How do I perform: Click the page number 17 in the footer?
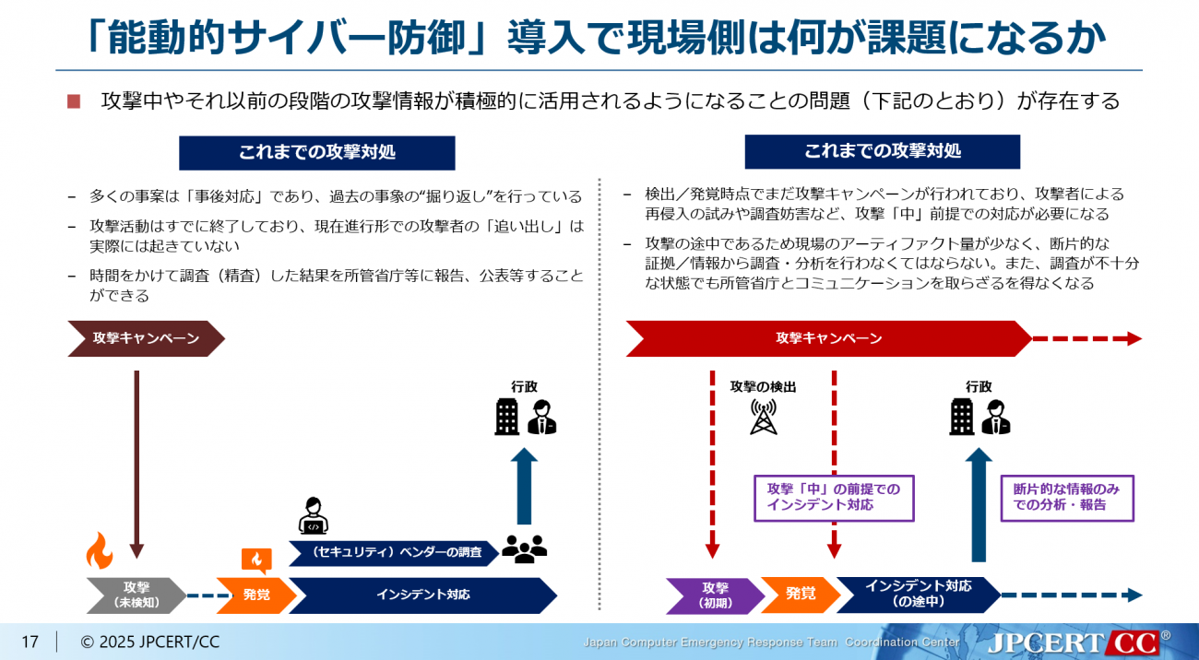30,642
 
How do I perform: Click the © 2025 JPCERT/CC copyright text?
149,642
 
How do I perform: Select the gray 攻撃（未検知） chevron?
136,595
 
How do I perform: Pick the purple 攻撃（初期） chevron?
714,595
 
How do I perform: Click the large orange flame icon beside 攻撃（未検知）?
99,551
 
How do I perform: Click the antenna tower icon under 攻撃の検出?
762,417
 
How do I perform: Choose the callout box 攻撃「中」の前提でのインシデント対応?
833,498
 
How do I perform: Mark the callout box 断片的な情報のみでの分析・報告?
1066,498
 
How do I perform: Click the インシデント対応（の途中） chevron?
918,595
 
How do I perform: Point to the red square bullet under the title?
75,101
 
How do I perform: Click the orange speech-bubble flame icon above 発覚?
256,560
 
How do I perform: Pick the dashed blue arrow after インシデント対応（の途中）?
1071,595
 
